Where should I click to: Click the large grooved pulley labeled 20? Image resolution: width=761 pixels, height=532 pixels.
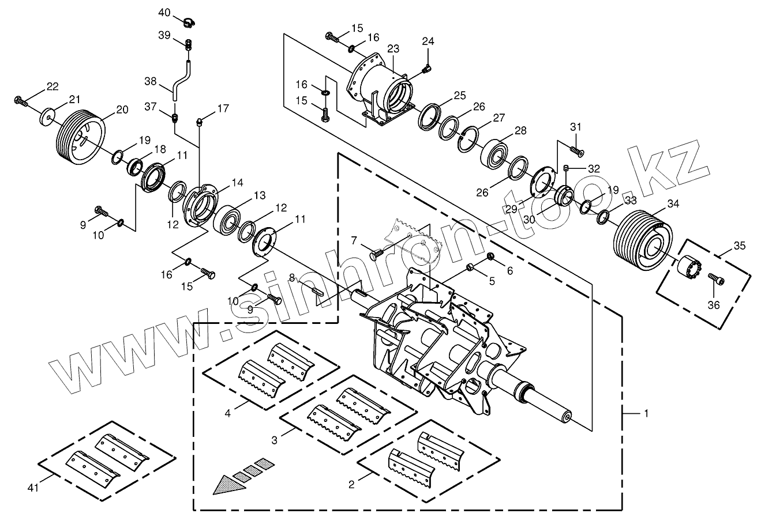80,136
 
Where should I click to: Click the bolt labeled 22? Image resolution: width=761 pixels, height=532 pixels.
21,102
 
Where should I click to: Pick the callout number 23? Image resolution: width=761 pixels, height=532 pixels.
393,49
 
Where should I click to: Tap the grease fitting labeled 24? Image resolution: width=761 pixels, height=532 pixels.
426,69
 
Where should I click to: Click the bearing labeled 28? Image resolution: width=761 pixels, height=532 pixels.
495,152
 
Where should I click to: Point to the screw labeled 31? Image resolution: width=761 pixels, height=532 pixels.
576,150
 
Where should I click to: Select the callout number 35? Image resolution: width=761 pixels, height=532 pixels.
740,246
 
